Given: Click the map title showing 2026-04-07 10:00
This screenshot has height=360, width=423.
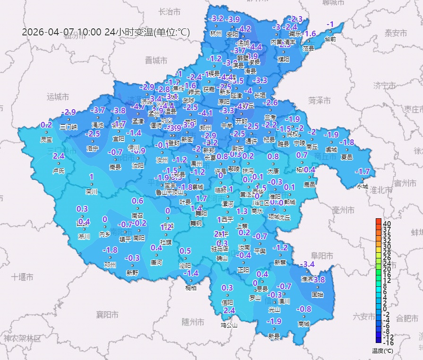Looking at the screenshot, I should pyautogui.click(x=106, y=32).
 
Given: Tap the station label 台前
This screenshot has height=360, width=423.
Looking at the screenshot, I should pyautogui.click(x=331, y=39).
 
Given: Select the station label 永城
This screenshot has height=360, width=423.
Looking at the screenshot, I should pyautogui.click(x=363, y=186).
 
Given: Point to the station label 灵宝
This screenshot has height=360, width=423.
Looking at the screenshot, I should pyautogui.click(x=46, y=140).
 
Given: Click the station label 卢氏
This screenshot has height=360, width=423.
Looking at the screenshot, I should pyautogui.click(x=59, y=171).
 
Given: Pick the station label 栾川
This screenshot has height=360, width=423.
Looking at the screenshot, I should pyautogui.click(x=91, y=192).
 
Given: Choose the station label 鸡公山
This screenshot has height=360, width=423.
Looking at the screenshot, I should pyautogui.click(x=229, y=325).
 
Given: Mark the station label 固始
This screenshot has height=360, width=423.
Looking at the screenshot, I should pyautogui.click(x=318, y=294).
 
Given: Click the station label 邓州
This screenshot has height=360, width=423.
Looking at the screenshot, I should pyautogui.click(x=110, y=265).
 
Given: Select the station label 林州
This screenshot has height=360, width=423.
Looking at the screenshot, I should pyautogui.click(x=216, y=34).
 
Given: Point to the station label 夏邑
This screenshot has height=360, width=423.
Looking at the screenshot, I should pyautogui.click(x=347, y=157).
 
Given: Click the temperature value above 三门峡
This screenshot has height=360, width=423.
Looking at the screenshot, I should pyautogui.click(x=69, y=112).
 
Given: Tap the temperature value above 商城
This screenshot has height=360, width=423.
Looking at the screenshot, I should pyautogui.click(x=303, y=309).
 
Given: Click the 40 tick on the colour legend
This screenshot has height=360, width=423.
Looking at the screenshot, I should pyautogui.click(x=387, y=223).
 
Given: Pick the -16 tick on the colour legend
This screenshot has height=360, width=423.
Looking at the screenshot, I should pyautogui.click(x=387, y=343).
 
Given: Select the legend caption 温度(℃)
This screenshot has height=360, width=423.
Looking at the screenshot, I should pyautogui.click(x=382, y=351).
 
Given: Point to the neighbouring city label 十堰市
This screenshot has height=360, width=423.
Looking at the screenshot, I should pyautogui.click(x=22, y=276).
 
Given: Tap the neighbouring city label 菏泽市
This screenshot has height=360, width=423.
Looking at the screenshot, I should pyautogui.click(x=319, y=100).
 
